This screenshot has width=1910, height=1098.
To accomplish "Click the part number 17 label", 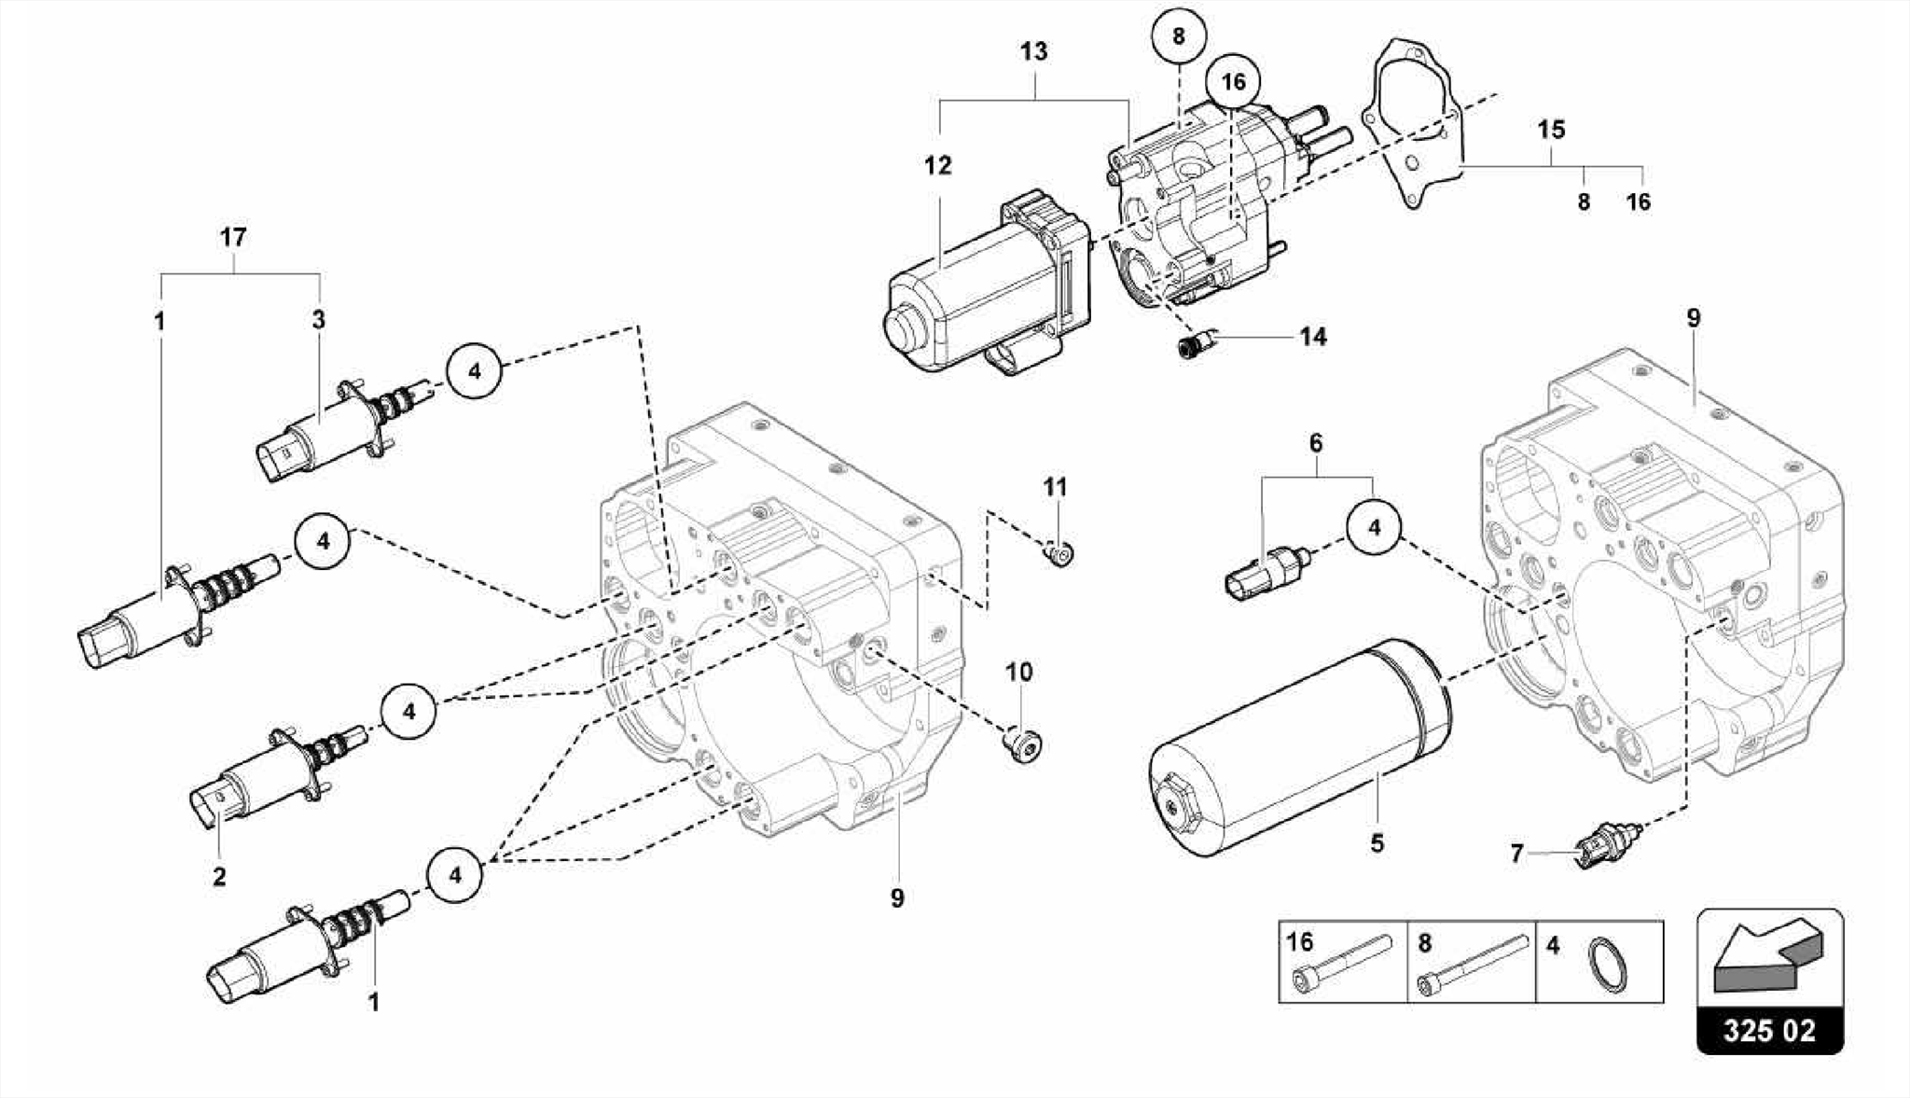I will (233, 237).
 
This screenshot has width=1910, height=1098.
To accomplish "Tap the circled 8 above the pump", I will (1178, 36).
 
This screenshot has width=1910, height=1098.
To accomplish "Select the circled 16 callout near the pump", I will (1233, 82).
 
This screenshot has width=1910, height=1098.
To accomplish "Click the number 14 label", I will (1312, 336).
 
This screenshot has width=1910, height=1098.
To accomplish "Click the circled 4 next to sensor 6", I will (1374, 528).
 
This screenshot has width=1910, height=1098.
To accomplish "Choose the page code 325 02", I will (1769, 1030).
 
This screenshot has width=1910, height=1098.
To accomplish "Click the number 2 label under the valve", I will (219, 877).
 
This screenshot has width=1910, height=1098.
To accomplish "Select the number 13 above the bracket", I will (1033, 51).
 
